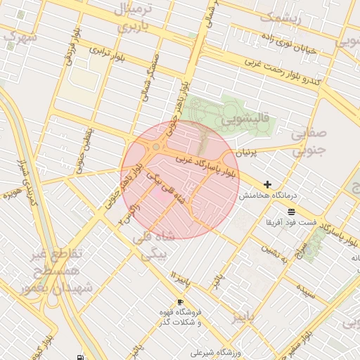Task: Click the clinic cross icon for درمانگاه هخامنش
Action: pyautogui.click(x=267, y=184)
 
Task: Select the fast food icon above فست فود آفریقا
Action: pyautogui.click(x=291, y=211)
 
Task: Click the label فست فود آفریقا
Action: pyautogui.click(x=291, y=222)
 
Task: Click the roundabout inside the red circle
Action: pyautogui.click(x=156, y=146)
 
